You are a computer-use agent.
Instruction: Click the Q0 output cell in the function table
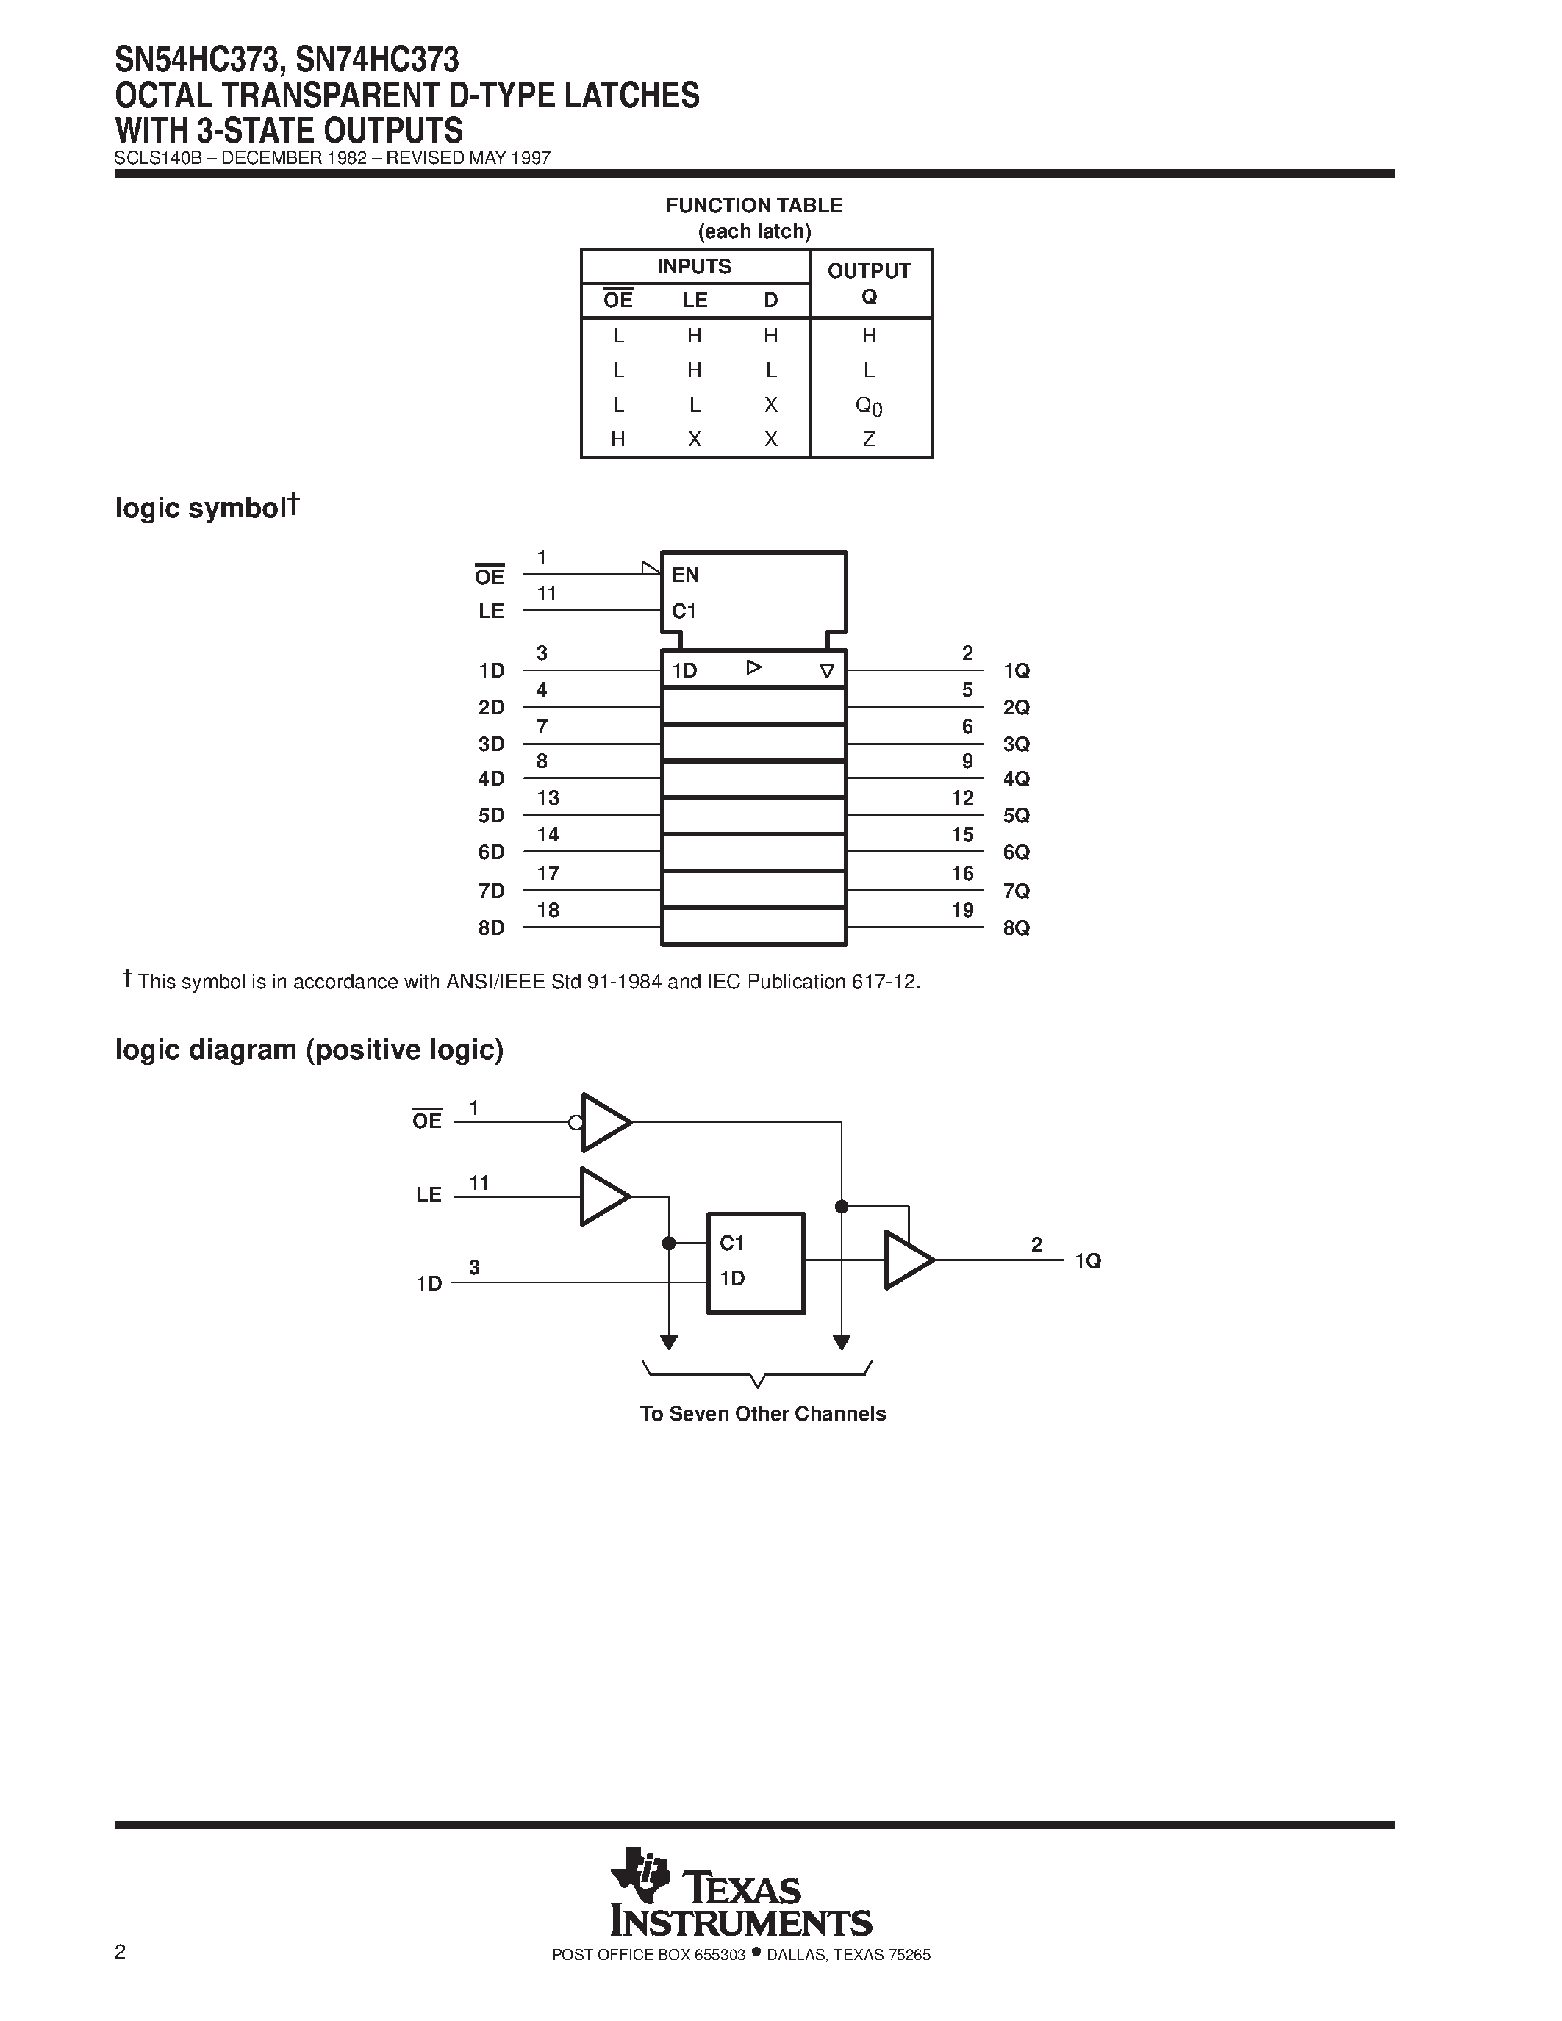869,406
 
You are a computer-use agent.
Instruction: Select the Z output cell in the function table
869,439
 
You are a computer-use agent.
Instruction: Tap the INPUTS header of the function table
694,267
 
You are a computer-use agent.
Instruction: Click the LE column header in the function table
694,300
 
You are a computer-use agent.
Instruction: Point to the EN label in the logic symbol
686,575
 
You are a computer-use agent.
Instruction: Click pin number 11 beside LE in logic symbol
546,594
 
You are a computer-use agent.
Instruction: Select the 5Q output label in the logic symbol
1016,815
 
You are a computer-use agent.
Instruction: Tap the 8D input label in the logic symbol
491,927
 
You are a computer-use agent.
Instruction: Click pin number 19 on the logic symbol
962,911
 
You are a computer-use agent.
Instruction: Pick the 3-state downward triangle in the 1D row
826,671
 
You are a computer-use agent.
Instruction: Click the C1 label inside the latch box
732,1243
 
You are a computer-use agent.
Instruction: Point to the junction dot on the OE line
841,1206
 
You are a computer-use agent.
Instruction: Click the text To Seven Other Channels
762,1413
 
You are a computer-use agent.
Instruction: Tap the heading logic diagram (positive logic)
309,1049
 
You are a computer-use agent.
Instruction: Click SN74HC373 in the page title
378,60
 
